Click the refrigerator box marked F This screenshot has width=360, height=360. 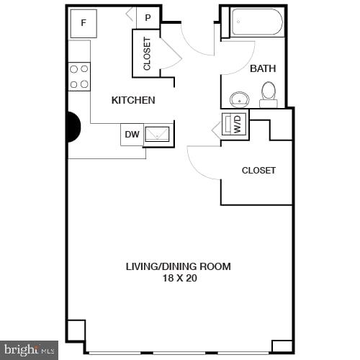84,23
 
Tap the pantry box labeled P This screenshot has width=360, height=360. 148,18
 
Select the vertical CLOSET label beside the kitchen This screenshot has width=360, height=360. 147,53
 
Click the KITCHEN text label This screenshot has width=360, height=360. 133,100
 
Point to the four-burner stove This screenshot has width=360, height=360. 79,76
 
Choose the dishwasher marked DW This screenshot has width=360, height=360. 132,134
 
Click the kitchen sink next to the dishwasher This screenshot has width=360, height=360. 158,134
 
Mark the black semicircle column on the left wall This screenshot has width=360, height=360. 73,128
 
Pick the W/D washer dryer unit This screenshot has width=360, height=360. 235,125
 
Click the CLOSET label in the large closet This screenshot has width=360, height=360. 258,171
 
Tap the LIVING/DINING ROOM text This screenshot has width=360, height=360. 179,266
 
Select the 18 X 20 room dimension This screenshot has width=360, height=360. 179,278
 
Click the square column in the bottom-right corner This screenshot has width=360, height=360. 282,346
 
